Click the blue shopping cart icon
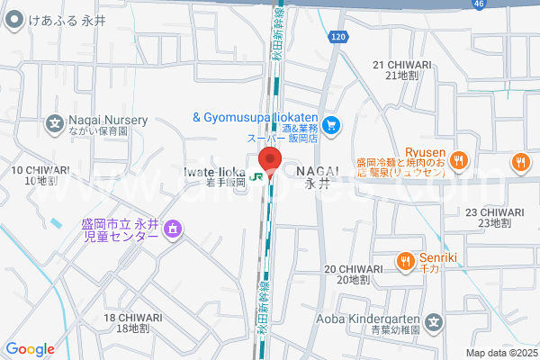coord(331,124)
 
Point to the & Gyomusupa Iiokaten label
coord(256,117)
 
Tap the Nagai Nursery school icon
coord(56,123)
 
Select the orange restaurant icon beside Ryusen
coord(458,160)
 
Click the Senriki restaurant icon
coord(405,262)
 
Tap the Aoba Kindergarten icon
coord(435,321)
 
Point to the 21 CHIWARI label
coord(403,70)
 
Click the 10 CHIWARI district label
coord(40,175)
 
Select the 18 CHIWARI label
coord(134,322)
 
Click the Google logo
coord(30,349)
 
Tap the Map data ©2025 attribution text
coord(499,353)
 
